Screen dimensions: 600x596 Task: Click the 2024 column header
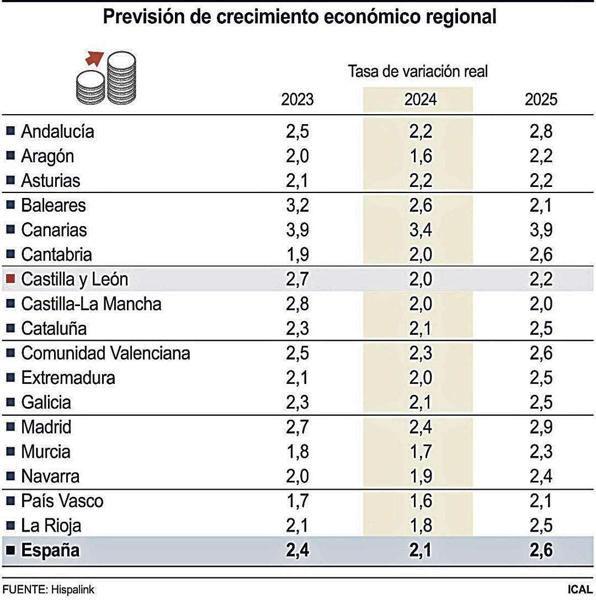click(x=420, y=100)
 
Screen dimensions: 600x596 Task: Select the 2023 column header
click(x=297, y=100)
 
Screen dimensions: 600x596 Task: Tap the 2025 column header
click(x=541, y=100)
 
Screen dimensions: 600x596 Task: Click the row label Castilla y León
click(x=74, y=279)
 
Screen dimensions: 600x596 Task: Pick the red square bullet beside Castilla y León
click(x=10, y=279)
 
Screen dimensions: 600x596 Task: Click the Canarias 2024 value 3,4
click(x=420, y=230)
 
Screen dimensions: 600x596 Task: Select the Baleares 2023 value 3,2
click(x=297, y=205)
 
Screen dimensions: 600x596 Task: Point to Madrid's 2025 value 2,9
click(x=541, y=427)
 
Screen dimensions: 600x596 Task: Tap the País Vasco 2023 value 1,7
click(x=297, y=501)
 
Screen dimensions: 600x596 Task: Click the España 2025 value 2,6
click(x=541, y=550)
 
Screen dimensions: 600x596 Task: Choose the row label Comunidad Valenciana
click(x=105, y=353)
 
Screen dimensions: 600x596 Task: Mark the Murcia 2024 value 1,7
click(x=420, y=452)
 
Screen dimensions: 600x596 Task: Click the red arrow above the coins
click(x=95, y=57)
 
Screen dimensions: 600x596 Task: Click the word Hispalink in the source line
click(x=69, y=590)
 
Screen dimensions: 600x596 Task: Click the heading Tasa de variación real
click(x=418, y=71)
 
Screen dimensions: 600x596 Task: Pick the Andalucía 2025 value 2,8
click(x=541, y=131)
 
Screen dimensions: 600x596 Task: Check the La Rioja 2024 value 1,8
click(x=420, y=526)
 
